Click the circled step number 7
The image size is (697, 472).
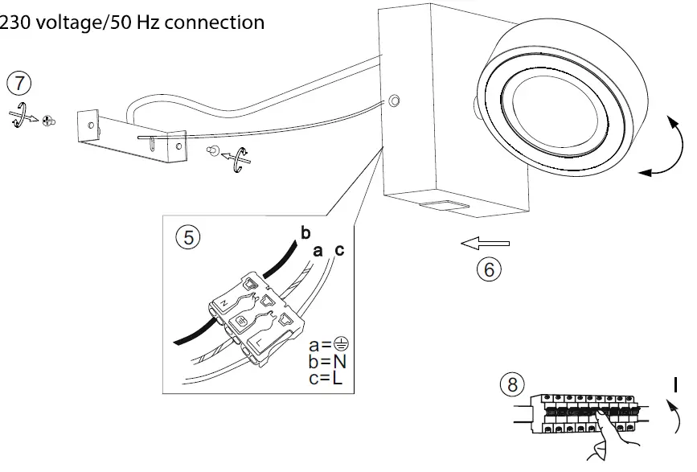19,84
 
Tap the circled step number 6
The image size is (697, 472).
489,269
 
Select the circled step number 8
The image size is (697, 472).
510,384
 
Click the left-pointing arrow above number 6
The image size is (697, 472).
484,241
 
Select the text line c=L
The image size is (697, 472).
326,377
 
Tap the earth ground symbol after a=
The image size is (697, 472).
338,346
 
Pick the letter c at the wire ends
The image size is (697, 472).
338,251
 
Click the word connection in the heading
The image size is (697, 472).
212,23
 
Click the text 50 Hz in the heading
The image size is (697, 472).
128,23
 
